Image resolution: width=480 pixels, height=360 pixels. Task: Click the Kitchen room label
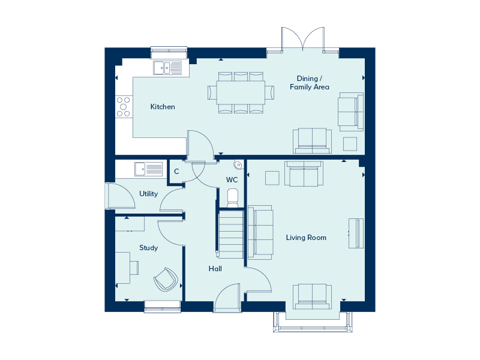[163, 107]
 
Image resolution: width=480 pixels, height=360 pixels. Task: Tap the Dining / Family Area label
[310, 83]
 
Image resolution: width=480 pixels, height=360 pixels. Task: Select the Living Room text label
[306, 238]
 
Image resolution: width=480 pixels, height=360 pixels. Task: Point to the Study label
[148, 248]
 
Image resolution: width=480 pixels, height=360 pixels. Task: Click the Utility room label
[148, 194]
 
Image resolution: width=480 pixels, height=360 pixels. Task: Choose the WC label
[232, 180]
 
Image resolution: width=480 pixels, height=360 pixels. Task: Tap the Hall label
[215, 269]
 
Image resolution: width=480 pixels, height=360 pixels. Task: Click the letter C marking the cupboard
[176, 172]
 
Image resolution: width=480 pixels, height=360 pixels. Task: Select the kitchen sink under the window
[167, 68]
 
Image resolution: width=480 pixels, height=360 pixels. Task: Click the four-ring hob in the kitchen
[124, 106]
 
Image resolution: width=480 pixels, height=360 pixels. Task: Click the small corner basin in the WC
[238, 164]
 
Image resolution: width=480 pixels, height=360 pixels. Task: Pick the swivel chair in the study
[166, 279]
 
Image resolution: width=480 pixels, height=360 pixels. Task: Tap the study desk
[122, 268]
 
